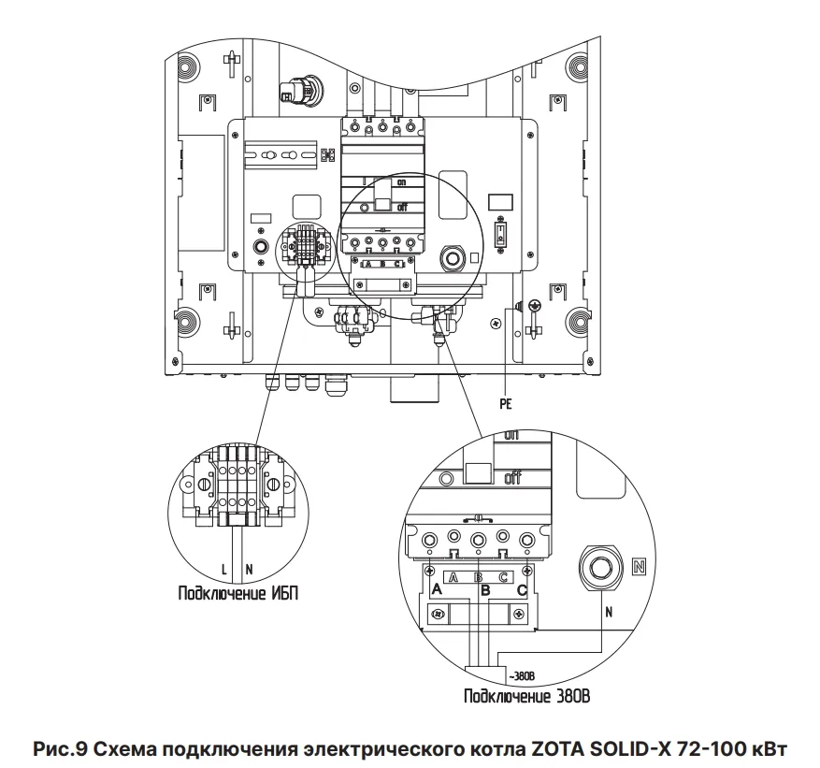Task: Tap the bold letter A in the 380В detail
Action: (x=436, y=589)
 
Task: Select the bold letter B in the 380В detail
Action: (x=484, y=589)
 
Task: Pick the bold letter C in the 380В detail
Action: (x=521, y=589)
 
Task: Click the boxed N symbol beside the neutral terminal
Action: (x=638, y=566)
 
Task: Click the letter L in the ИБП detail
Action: (x=224, y=569)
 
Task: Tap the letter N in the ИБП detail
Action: (x=248, y=569)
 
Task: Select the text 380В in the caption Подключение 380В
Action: (x=571, y=697)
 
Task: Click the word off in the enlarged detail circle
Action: (x=512, y=479)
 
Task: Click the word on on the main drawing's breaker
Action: (x=401, y=183)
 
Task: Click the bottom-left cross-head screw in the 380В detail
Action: (x=437, y=614)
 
